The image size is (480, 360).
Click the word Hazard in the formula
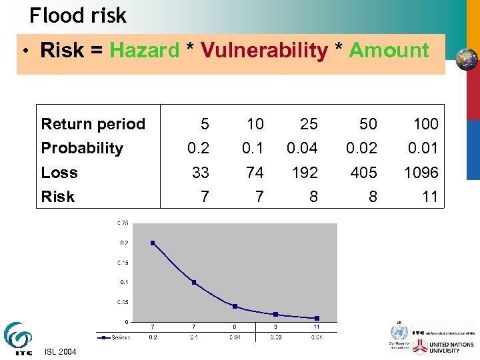145,51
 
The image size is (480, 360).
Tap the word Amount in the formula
389,51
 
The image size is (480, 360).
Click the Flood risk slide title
78,15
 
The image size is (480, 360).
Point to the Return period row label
93,124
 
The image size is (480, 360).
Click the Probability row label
82,148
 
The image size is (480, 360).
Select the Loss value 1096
421,173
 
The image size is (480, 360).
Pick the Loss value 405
363,173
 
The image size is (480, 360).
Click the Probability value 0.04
302,148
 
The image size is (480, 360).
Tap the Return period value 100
425,124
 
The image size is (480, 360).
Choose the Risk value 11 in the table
430,197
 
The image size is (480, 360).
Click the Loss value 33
200,173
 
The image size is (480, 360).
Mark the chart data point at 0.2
153,243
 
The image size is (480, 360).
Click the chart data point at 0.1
194,282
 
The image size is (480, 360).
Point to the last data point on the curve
317,318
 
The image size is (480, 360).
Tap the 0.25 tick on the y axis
123,223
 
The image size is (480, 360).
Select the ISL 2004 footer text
61,352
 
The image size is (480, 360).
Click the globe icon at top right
467,60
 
